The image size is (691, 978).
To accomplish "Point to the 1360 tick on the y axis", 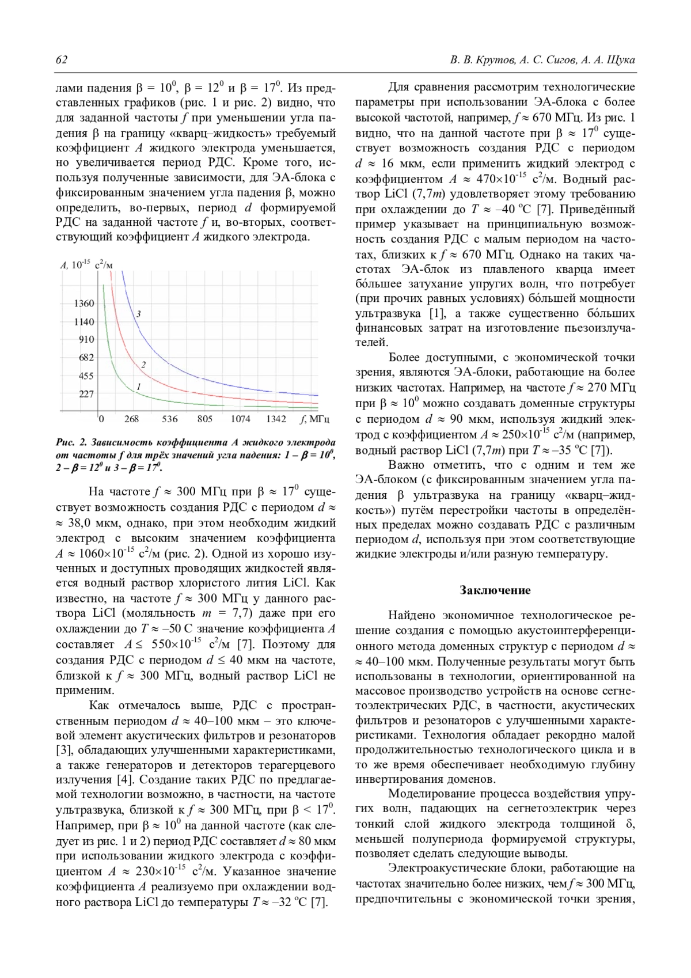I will click(84, 304).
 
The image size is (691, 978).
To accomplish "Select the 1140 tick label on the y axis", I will click(84, 322).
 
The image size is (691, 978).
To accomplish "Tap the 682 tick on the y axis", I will click(86, 358).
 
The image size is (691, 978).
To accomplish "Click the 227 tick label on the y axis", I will click(86, 395).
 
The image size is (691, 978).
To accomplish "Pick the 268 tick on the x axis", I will click(132, 419).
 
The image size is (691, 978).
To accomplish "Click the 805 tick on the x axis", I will click(205, 419).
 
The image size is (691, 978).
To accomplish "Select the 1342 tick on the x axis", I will click(276, 419).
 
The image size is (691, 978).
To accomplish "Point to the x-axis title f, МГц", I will click(315, 419).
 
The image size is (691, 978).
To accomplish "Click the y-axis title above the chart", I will click(87, 265).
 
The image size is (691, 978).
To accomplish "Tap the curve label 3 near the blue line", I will click(139, 314).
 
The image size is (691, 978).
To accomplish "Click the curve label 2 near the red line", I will click(143, 365).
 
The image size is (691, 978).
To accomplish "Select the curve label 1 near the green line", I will click(139, 386).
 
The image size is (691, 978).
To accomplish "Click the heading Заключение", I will click(495, 590).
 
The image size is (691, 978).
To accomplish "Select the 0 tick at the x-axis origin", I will click(101, 419).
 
